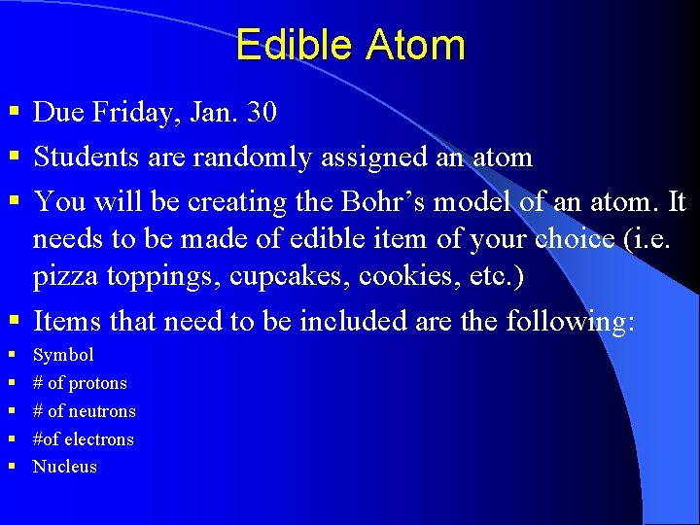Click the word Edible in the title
coord(296,46)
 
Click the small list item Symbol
coord(63,355)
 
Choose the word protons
coord(97,383)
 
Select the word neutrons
coord(102,411)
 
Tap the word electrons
coord(98,439)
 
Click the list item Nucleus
coord(65,467)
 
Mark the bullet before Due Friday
coord(13,114)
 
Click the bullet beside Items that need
coord(13,321)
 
